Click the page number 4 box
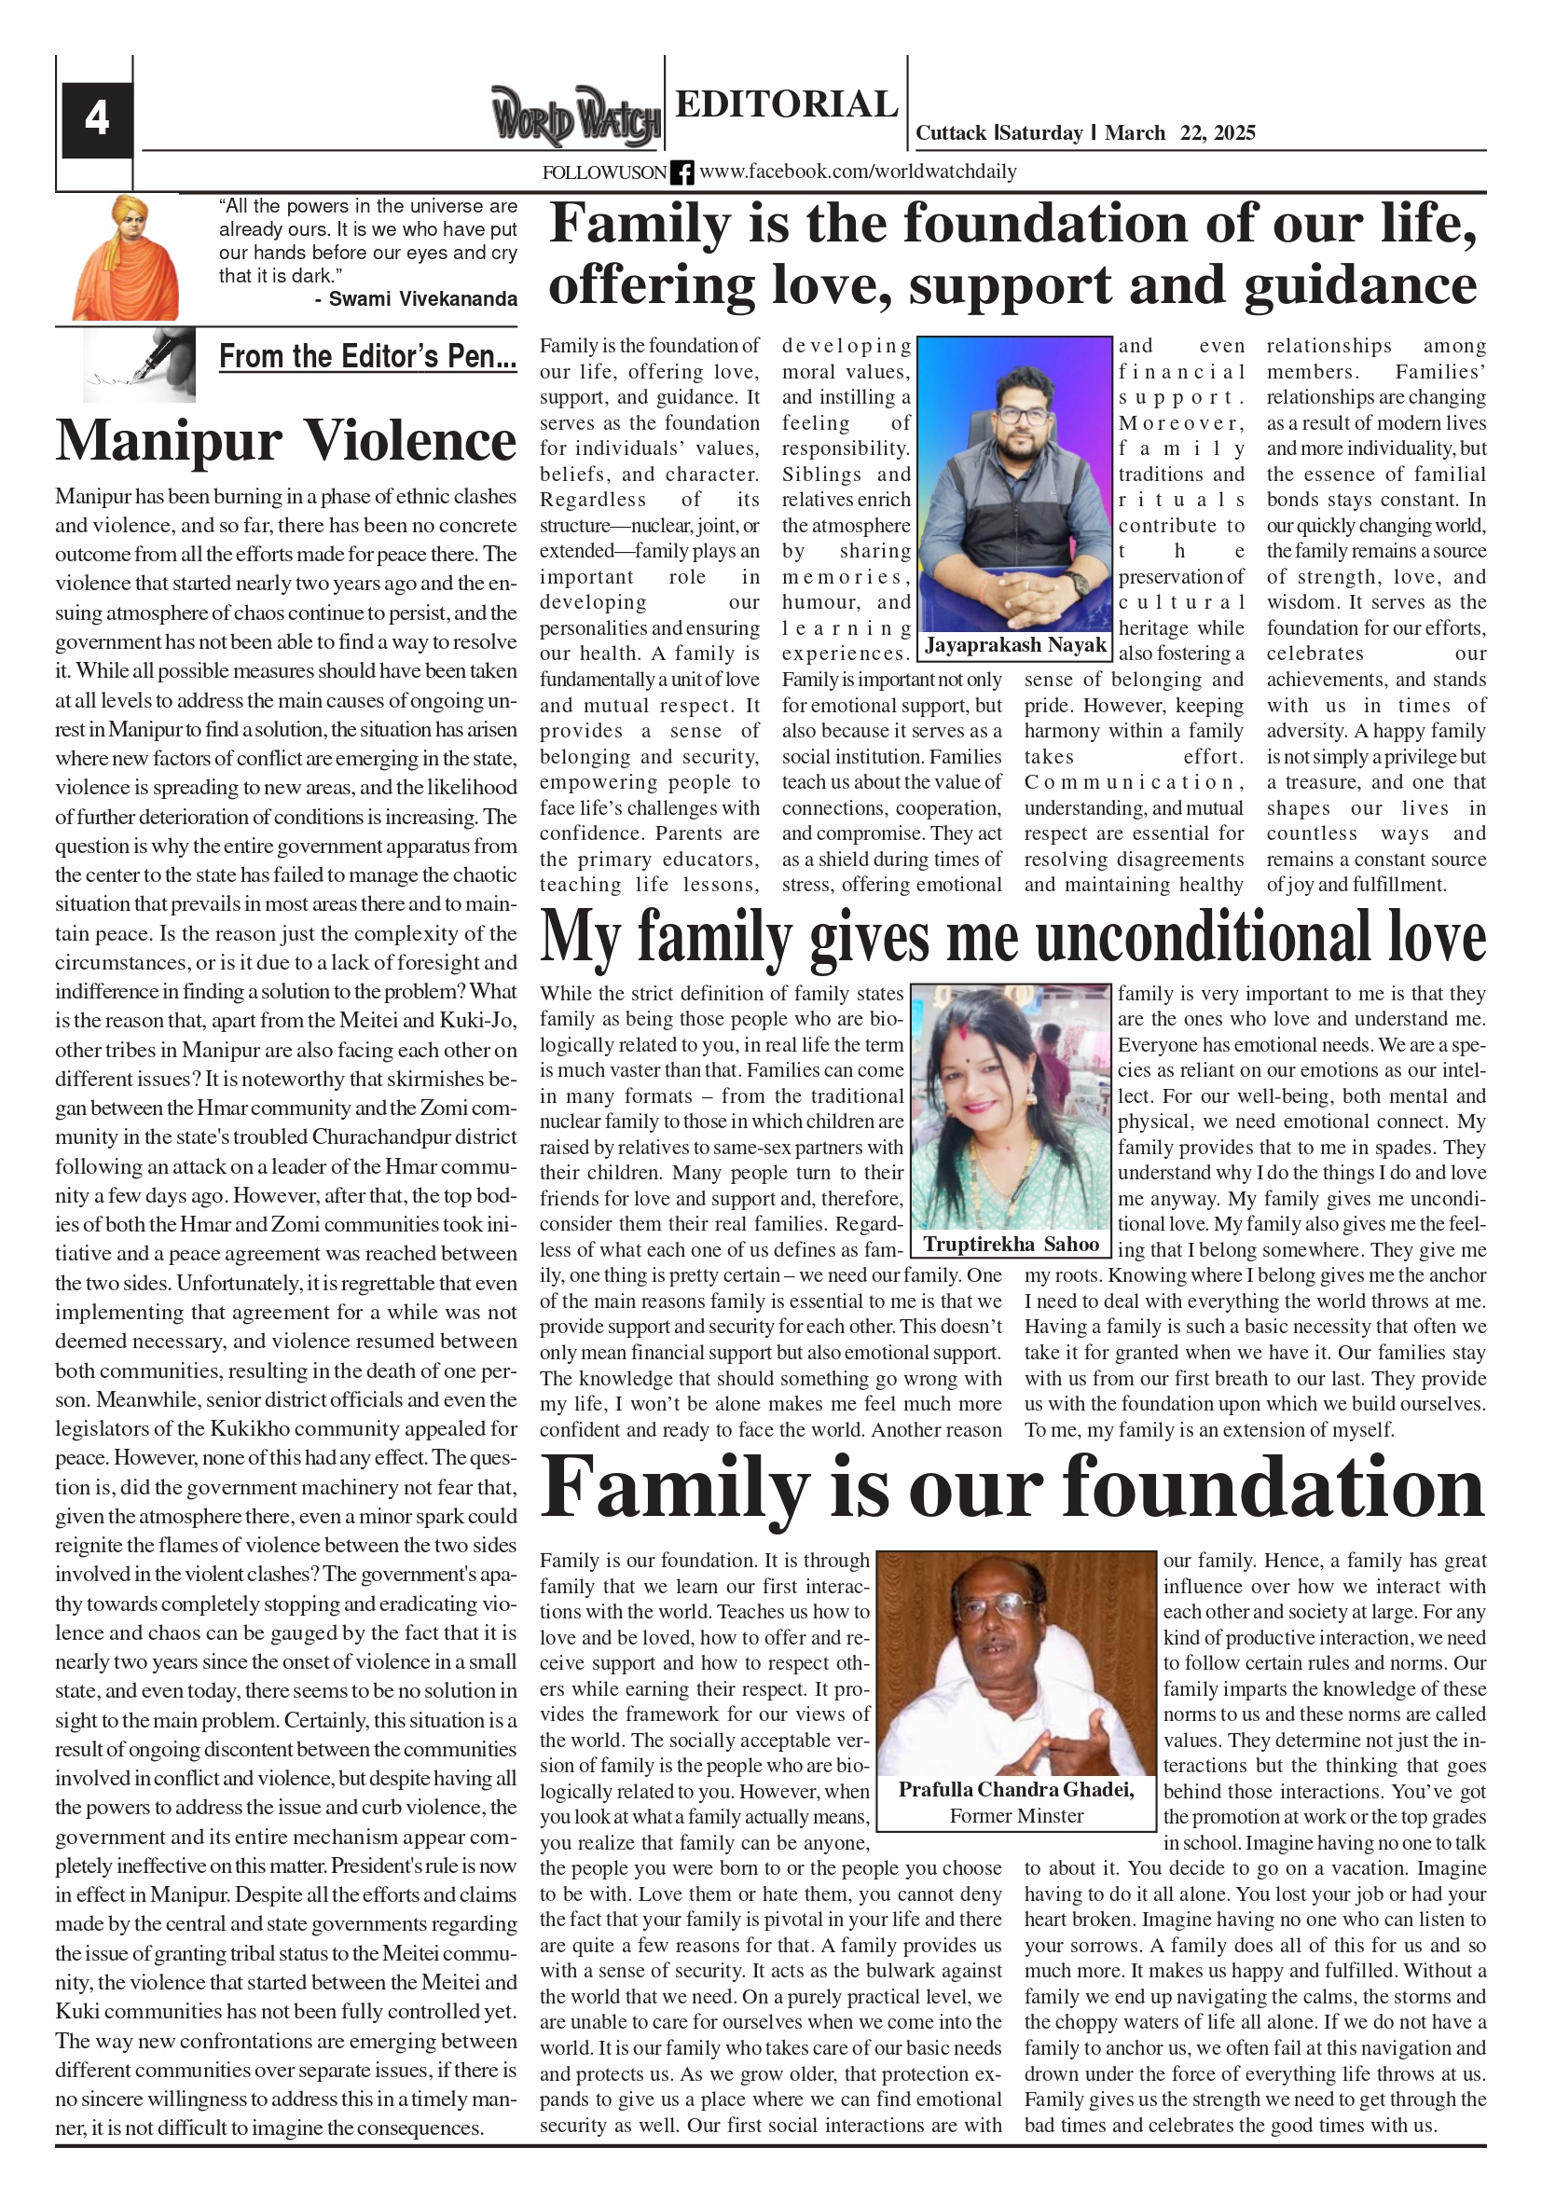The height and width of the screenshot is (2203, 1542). tap(97, 120)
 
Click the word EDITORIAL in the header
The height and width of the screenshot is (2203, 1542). tap(786, 104)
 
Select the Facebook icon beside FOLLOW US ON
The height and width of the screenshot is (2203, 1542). tap(682, 172)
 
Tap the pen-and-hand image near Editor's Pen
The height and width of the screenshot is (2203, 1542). tap(140, 364)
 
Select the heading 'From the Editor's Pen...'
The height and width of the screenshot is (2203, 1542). tap(367, 357)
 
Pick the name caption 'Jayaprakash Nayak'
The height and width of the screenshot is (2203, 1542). tap(1015, 645)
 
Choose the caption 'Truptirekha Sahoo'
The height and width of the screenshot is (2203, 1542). tap(1011, 1245)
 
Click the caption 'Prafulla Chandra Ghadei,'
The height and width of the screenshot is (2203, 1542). tap(1016, 1789)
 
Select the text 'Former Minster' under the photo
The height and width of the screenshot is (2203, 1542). tap(1016, 1815)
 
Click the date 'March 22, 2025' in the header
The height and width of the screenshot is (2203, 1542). tap(1179, 133)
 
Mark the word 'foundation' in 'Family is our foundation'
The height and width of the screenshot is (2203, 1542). tap(1273, 1488)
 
